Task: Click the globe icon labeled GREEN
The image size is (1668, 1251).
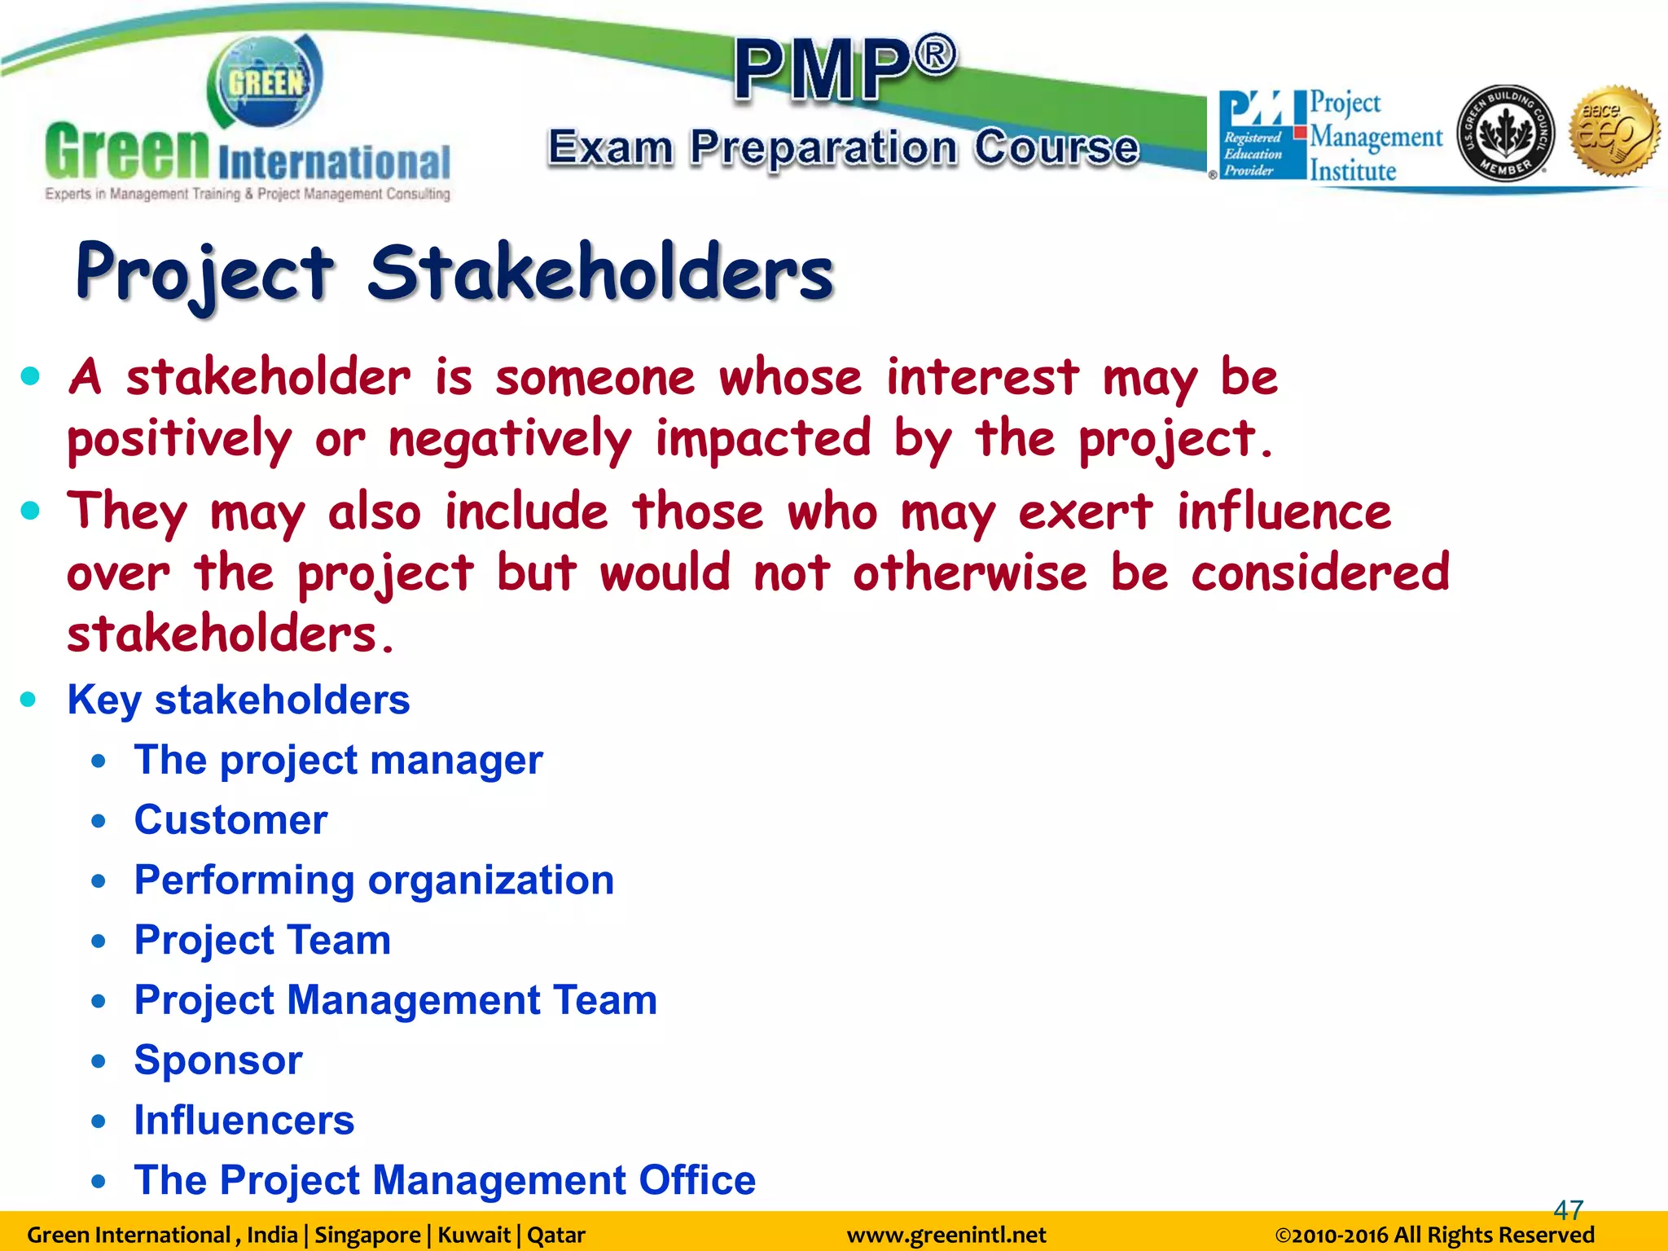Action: click(x=266, y=82)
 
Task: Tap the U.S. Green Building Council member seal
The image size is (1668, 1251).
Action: click(x=1505, y=134)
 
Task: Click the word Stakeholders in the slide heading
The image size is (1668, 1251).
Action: click(x=601, y=273)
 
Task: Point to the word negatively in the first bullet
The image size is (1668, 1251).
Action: click(x=510, y=439)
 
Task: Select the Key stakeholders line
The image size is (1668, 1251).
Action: click(x=238, y=700)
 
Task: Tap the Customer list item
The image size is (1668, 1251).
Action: click(x=230, y=819)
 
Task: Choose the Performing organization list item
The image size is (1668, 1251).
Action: click(x=374, y=880)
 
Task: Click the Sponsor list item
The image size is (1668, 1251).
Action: click(x=218, y=1060)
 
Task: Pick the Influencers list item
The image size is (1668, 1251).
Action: click(x=244, y=1120)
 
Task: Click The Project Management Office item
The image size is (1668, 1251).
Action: click(x=445, y=1180)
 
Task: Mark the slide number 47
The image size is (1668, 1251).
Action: click(x=1568, y=1209)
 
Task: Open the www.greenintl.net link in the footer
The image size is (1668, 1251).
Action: click(x=946, y=1235)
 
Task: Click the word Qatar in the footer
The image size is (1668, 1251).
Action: click(x=556, y=1235)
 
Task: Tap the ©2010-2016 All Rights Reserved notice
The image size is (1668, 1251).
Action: click(x=1434, y=1235)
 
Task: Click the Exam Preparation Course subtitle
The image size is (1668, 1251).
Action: click(x=843, y=147)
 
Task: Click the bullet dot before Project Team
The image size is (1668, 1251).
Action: click(x=99, y=942)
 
